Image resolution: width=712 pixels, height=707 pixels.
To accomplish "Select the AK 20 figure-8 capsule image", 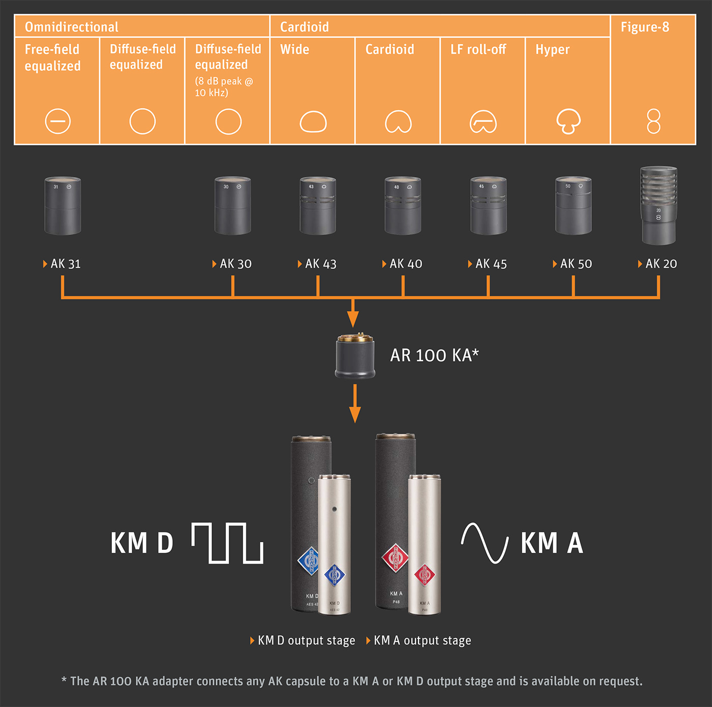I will point(659,205).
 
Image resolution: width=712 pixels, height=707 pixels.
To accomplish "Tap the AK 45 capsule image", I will point(488,205).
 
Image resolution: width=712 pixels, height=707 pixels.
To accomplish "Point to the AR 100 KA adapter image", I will point(355,356).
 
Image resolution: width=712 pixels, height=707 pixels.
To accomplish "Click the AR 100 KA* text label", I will point(434,356).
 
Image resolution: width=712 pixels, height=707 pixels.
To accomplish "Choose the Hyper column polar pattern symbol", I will point(568,122).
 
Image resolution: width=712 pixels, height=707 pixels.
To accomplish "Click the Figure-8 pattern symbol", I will point(654,122).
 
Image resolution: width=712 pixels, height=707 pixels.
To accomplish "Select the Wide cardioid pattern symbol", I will point(313,122).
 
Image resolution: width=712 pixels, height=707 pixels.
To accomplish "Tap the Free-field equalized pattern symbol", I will point(58,122).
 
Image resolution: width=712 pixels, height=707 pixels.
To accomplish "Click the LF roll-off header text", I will point(478,49).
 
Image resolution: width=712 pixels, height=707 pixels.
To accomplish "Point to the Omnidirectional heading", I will point(72,27).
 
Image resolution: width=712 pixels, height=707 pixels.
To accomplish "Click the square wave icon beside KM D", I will point(227,543).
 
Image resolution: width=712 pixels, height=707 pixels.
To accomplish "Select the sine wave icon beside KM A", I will point(485,543).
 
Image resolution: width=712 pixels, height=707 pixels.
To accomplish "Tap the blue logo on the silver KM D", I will point(334,575).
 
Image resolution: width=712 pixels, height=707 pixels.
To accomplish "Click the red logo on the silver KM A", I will point(425,575).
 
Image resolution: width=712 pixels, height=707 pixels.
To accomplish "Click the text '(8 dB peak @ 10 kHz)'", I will point(224,87).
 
